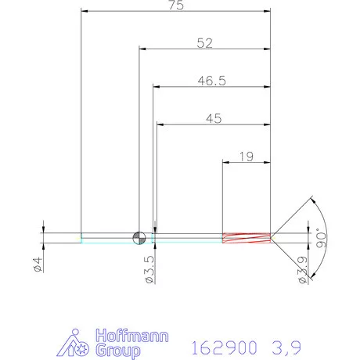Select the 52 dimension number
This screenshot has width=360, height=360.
[205, 44]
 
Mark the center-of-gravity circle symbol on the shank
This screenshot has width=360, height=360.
[139, 236]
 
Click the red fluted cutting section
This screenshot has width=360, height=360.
[246, 236]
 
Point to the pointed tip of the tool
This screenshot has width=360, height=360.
[273, 236]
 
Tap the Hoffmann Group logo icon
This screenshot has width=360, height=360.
[75, 341]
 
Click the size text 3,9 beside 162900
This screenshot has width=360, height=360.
[285, 344]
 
